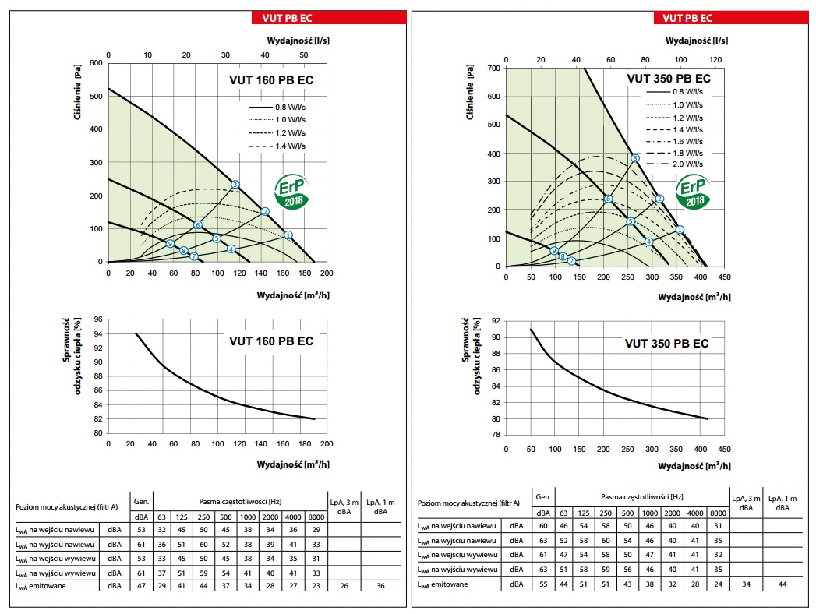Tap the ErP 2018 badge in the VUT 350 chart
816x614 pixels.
point(693,192)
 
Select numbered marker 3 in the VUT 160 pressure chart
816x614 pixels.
point(235,185)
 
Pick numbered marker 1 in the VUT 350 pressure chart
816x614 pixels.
point(680,229)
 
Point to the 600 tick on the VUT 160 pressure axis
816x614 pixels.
point(96,62)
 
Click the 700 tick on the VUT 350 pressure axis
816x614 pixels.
point(493,69)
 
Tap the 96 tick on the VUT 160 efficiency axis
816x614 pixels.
point(97,319)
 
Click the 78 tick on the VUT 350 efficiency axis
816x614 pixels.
point(496,435)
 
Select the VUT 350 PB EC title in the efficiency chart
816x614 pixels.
point(667,343)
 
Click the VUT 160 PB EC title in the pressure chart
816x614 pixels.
point(271,79)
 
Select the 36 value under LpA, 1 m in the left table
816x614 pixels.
point(380,585)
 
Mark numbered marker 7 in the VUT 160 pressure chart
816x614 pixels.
point(194,256)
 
